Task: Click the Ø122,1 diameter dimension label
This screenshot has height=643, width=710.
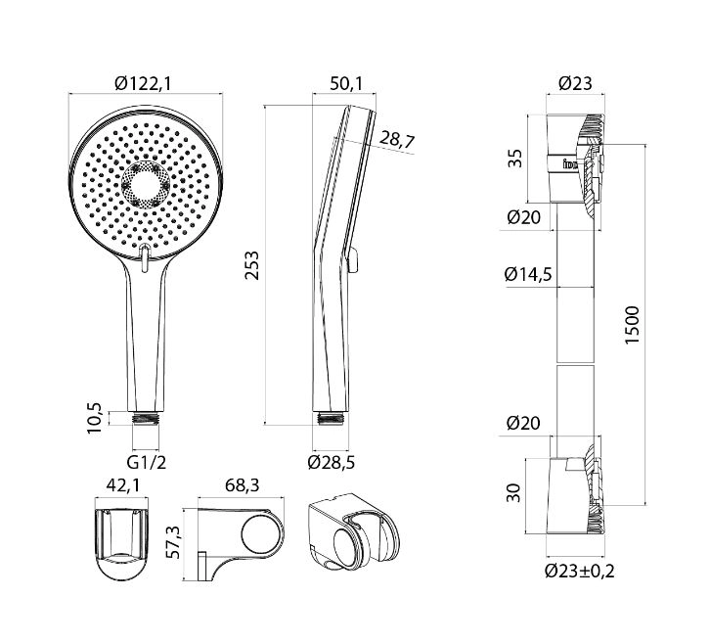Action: coord(143,84)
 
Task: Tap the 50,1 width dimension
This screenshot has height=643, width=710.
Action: coord(346,84)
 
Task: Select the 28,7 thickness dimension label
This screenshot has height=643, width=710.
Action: coord(397,139)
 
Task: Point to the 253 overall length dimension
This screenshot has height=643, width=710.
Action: coord(251,265)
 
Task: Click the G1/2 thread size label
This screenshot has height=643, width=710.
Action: coord(147,463)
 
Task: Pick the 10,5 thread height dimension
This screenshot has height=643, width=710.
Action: coord(96,418)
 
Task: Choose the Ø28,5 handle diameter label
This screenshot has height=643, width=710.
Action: coord(331,462)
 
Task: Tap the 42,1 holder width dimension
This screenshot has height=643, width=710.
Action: coord(123,485)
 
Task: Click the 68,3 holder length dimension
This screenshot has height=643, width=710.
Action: coord(243,485)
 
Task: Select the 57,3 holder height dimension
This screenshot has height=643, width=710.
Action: coord(173,542)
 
